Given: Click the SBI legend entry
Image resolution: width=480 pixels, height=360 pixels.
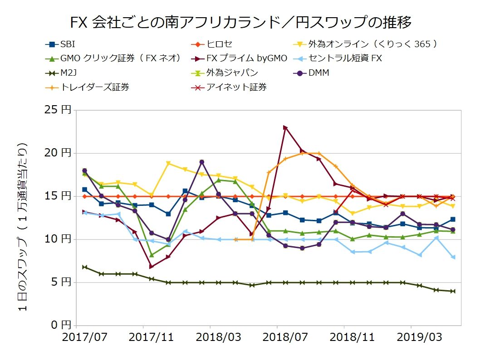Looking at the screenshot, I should click(x=68, y=44).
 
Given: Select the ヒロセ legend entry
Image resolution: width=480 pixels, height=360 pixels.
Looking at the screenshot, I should click(x=220, y=44).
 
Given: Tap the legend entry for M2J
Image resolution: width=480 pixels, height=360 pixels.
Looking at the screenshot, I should click(x=68, y=73).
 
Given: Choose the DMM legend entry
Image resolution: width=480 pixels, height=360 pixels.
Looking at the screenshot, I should click(x=318, y=73).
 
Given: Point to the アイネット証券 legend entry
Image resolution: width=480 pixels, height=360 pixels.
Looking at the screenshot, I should click(x=236, y=87).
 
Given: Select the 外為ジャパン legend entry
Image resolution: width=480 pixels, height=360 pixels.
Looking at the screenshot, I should click(x=232, y=73).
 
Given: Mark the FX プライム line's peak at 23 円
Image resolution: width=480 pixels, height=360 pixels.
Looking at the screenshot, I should click(x=285, y=127).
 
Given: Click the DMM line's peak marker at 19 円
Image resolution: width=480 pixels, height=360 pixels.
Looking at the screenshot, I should click(x=201, y=162).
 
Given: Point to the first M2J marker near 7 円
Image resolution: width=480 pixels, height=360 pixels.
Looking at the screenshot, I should click(x=84, y=267).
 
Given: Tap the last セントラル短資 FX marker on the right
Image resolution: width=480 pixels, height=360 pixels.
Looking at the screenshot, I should click(x=453, y=257).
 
